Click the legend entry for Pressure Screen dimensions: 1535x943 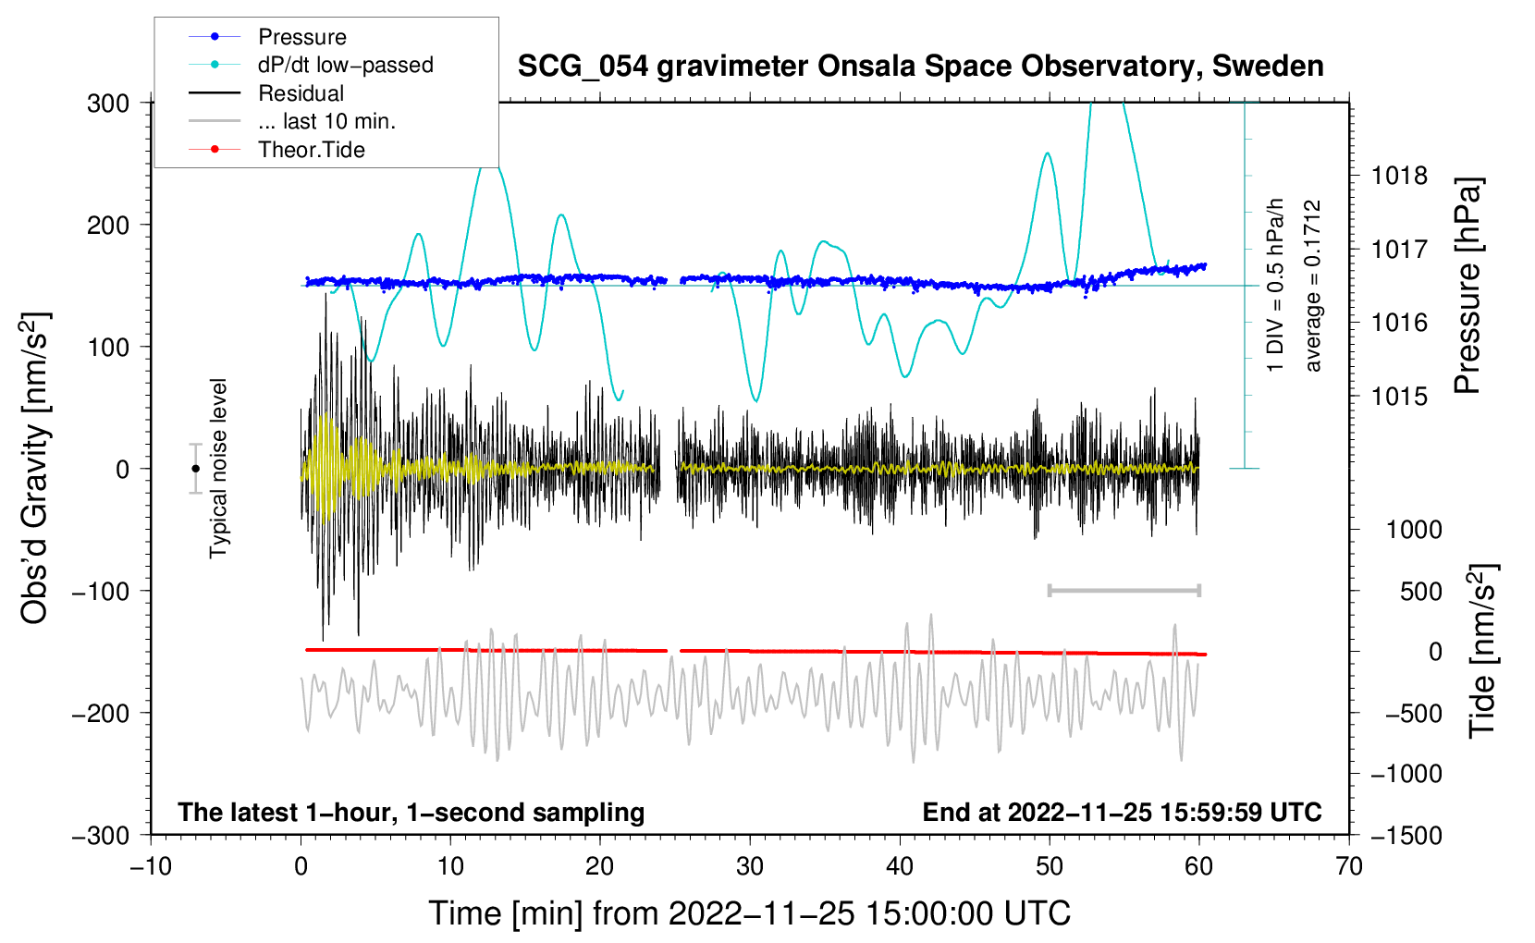pyautogui.click(x=267, y=36)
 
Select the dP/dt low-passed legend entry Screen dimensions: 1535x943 pyautogui.click(x=311, y=65)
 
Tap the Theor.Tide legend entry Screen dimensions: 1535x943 pyautogui.click(x=276, y=150)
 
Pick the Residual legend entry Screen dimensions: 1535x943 pyautogui.click(x=266, y=92)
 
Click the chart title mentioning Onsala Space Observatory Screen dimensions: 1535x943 pyautogui.click(x=920, y=66)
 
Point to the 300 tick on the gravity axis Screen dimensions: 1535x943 pyautogui.click(x=107, y=104)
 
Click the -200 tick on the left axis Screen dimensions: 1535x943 pyautogui.click(x=101, y=714)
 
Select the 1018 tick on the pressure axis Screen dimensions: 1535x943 pyautogui.click(x=1399, y=177)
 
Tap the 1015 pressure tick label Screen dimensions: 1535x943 pyautogui.click(x=1399, y=396)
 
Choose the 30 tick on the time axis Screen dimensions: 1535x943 pyautogui.click(x=750, y=866)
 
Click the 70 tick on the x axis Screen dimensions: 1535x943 pyautogui.click(x=1348, y=866)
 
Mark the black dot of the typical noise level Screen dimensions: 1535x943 pyautogui.click(x=195, y=469)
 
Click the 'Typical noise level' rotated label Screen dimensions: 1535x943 pyautogui.click(x=218, y=469)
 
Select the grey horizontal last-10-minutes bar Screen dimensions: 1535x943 pyautogui.click(x=1124, y=590)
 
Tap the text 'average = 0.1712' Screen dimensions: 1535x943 pyautogui.click(x=1312, y=286)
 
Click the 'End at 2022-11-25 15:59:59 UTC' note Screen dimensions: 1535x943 pyautogui.click(x=1122, y=812)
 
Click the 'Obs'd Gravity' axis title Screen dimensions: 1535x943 pyautogui.click(x=34, y=468)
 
